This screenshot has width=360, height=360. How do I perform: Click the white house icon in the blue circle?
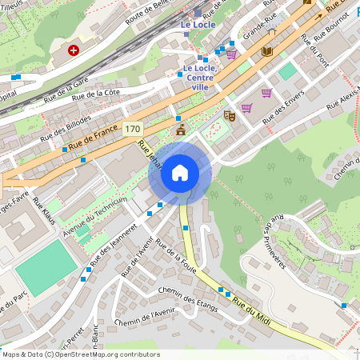click(x=180, y=172)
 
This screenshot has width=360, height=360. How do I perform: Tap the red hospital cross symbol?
click(x=74, y=50)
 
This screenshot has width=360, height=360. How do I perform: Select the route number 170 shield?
click(x=133, y=129)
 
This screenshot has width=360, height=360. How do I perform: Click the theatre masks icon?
click(x=230, y=115)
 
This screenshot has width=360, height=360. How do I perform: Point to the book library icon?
click(x=266, y=51)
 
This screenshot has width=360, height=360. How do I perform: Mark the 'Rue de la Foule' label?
click(x=178, y=259)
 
